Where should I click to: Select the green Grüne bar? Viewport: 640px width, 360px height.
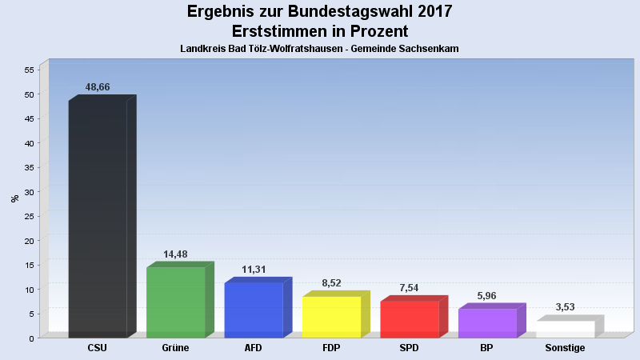pos(176,302)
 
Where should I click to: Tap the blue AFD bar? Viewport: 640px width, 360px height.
pos(254,310)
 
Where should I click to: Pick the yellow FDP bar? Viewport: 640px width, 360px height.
pos(331,317)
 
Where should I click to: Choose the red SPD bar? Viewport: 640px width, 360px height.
pos(410,318)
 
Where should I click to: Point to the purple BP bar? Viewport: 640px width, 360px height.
pos(487,322)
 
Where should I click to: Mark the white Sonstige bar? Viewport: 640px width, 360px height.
pos(566,329)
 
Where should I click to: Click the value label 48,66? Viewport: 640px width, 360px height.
pos(97,87)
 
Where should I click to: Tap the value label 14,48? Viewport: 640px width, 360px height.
pos(175,254)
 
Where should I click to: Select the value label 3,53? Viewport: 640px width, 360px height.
pos(565,307)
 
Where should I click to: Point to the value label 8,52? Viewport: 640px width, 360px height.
pos(331,283)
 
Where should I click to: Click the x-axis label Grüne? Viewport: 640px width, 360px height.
pos(175,348)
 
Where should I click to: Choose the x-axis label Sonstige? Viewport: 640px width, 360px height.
pos(565,348)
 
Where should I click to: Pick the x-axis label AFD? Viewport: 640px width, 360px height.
pos(254,348)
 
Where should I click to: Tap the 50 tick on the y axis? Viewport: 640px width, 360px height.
pos(30,94)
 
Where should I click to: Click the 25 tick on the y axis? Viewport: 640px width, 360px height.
pos(30,216)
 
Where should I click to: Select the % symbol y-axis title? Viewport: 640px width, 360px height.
pos(14,198)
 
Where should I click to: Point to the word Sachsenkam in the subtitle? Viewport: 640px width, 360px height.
pos(430,49)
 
